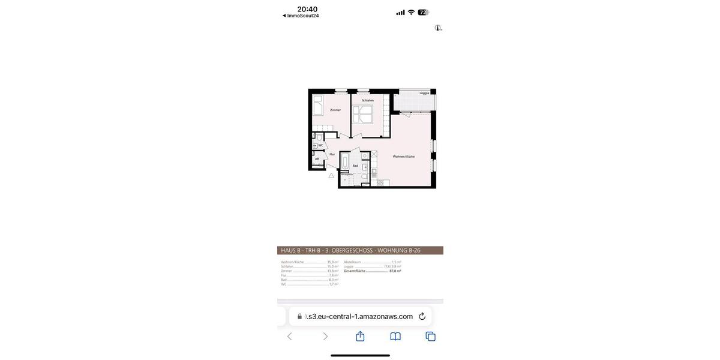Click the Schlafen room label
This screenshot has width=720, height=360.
[x=368, y=100]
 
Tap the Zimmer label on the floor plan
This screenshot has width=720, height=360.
[x=335, y=110]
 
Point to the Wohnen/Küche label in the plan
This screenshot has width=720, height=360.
[x=404, y=157]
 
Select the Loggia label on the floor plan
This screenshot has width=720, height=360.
[x=424, y=93]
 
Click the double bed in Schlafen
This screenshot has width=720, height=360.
[x=362, y=114]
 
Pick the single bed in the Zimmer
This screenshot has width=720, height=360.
[x=318, y=105]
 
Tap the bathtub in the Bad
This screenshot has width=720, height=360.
[x=345, y=162]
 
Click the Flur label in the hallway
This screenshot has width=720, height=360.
[x=332, y=154]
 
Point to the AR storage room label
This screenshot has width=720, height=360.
[x=317, y=159]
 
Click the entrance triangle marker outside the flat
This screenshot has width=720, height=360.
[x=331, y=175]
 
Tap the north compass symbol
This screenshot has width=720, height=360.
[x=438, y=28]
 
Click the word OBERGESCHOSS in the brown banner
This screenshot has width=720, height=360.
[x=352, y=251]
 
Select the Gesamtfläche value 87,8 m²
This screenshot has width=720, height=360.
[x=395, y=271]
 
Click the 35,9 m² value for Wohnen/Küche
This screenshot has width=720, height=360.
[x=332, y=262]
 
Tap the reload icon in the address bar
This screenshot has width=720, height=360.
[x=422, y=316]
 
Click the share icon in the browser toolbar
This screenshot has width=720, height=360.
[x=360, y=337]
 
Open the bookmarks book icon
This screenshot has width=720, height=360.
[x=395, y=337]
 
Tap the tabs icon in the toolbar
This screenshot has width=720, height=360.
[x=430, y=337]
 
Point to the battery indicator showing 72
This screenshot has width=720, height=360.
[x=423, y=12]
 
